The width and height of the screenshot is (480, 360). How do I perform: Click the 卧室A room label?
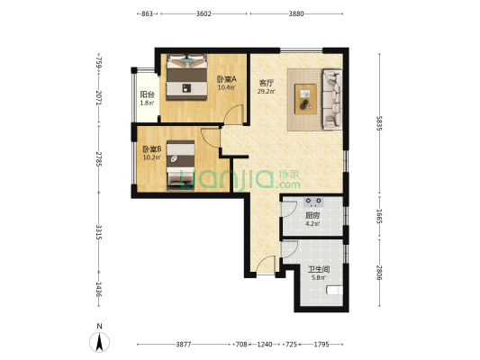pos(227,79)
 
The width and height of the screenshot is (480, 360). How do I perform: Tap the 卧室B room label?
pos(152,149)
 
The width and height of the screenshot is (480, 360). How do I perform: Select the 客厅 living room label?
pos(266,83)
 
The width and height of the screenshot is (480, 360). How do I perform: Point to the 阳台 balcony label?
pos(147,94)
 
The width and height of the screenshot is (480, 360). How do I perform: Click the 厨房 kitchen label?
pos(312,215)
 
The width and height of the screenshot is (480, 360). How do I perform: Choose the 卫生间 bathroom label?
pos(319,269)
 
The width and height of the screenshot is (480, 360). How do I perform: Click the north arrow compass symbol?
pos(99,341)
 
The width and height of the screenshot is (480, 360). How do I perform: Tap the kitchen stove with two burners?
pos(313,202)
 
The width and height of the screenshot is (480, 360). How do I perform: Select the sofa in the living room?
pos(332,99)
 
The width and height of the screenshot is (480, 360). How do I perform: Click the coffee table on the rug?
pos(305,99)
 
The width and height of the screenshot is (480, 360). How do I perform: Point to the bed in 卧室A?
pos(186,77)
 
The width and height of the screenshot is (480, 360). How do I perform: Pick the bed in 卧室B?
pos(181,166)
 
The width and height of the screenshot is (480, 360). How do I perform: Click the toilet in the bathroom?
pos(335,290)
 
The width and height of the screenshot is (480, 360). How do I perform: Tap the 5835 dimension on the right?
pos(379,123)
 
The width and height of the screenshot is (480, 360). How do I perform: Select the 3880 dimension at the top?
pos(296,13)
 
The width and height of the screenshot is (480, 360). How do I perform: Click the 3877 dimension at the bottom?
pos(184,345)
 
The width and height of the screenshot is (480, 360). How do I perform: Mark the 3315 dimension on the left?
pos(98,232)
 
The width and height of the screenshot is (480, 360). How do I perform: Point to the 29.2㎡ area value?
pos(266,91)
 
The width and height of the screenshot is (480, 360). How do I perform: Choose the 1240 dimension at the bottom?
pos(265,345)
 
